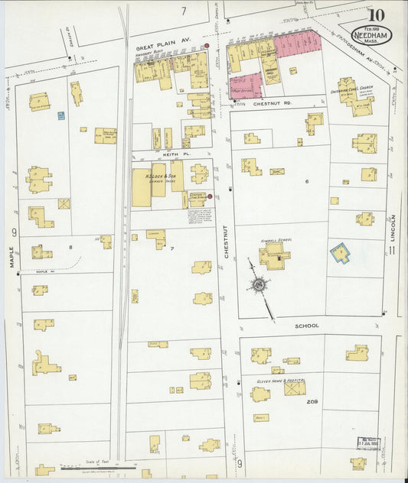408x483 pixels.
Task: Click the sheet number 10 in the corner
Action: [375, 15]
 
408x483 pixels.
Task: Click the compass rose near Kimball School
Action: [258, 286]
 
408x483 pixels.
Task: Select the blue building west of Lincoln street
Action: [338, 252]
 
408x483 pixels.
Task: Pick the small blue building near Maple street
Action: [60, 116]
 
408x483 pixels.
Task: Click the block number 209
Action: [312, 401]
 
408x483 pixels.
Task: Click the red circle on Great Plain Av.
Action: [206, 47]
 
